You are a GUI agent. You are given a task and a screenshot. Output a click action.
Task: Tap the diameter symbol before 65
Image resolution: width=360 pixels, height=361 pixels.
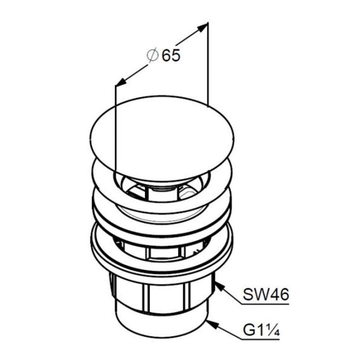point(152,55)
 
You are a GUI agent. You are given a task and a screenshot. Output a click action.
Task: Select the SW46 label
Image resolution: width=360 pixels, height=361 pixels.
point(266,294)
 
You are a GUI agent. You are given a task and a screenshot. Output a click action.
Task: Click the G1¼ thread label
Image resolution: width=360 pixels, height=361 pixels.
point(262,331)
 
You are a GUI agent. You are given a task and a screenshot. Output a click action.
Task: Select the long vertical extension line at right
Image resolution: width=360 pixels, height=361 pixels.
point(208,65)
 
